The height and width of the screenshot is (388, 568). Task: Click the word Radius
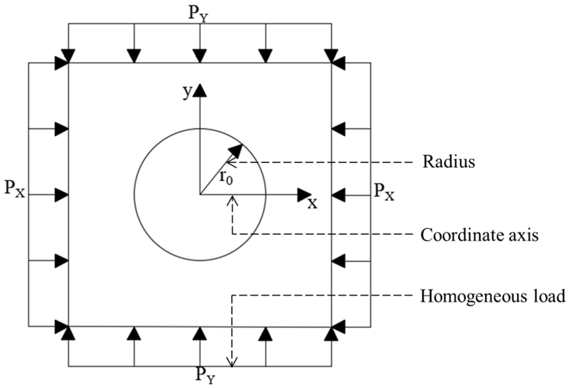[448, 162]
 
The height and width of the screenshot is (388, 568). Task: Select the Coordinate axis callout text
[479, 235]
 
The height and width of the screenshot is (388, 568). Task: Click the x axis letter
[312, 203]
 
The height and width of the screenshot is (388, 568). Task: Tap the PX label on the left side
[15, 189]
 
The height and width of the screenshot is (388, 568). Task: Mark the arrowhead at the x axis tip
[304, 195]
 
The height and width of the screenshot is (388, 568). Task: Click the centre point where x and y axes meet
[200, 195]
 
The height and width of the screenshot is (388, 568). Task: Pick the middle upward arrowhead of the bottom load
[200, 334]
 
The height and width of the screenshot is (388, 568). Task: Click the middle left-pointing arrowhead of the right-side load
[338, 195]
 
